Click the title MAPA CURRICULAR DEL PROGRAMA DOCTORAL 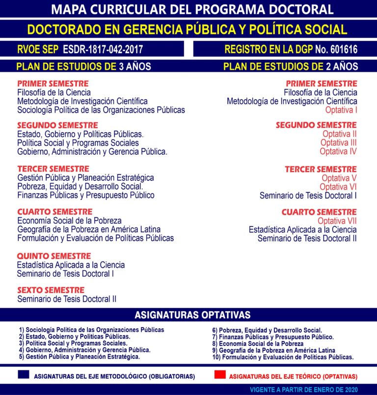click(192, 9)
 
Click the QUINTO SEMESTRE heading click(54, 256)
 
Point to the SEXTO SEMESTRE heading click(51, 290)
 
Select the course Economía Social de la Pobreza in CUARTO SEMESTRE click(69, 221)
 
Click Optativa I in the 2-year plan click(341, 110)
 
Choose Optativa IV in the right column click(338, 151)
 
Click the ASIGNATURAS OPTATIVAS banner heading click(192, 315)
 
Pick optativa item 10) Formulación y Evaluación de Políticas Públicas click(283, 357)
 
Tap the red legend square click(220, 375)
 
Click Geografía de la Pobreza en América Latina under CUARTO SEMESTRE click(89, 229)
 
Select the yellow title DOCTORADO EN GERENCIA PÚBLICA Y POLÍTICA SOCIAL click(187, 29)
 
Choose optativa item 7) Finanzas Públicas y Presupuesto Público click(273, 337)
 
